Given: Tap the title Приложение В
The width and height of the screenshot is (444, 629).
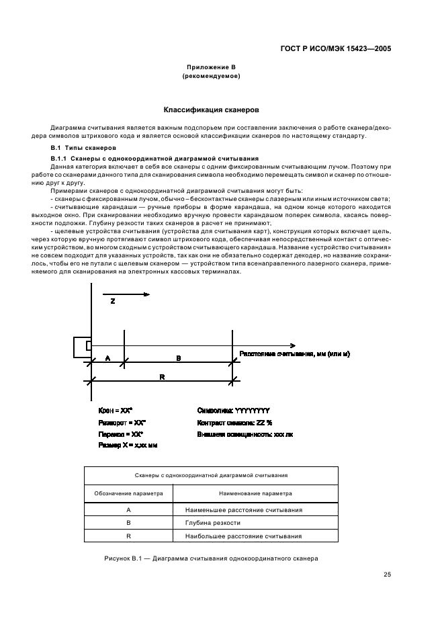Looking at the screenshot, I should [212, 68].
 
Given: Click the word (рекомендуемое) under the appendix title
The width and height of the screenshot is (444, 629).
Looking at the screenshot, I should [212, 77].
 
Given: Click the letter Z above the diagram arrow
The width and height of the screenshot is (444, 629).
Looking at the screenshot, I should [112, 302].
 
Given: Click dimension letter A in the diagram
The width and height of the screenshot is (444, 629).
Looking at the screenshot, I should [107, 359].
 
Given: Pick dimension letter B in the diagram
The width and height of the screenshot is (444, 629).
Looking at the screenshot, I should [178, 359].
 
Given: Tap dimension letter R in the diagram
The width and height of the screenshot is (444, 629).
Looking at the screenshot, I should [162, 378].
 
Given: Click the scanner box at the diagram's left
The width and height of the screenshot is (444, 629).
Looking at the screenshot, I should [82, 345].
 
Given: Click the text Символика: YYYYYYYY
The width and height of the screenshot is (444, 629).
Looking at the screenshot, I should [233, 410].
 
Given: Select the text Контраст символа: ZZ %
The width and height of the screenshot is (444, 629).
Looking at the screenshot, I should [234, 422].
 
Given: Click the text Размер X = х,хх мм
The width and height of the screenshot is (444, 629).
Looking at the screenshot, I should [128, 445].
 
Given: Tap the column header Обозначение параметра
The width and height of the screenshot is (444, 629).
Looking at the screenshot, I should [128, 493].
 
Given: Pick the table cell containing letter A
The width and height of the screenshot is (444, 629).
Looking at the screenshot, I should [128, 509].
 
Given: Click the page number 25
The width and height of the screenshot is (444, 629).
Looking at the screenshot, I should [387, 574].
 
